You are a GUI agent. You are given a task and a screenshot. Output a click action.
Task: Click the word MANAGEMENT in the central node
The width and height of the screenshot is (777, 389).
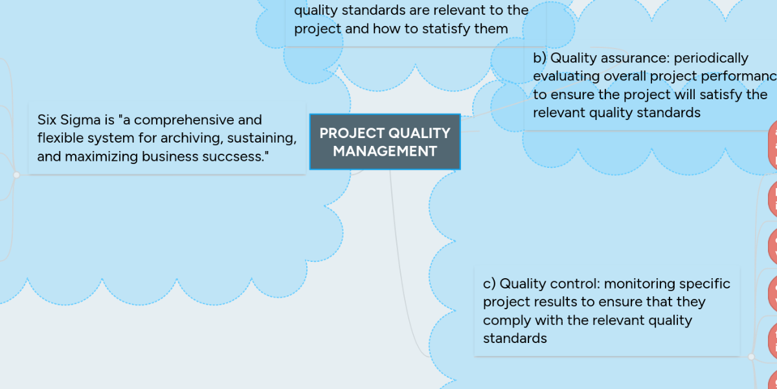click(385, 151)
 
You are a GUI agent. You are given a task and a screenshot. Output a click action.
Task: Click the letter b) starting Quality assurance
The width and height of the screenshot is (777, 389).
click(539, 58)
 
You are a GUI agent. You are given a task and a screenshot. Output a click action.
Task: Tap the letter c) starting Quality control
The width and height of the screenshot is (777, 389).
click(490, 284)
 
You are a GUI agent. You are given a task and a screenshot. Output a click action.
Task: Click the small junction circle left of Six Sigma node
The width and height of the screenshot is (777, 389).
click(16, 174)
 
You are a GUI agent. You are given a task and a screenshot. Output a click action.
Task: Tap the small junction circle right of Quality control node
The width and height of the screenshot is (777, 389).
click(751, 356)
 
